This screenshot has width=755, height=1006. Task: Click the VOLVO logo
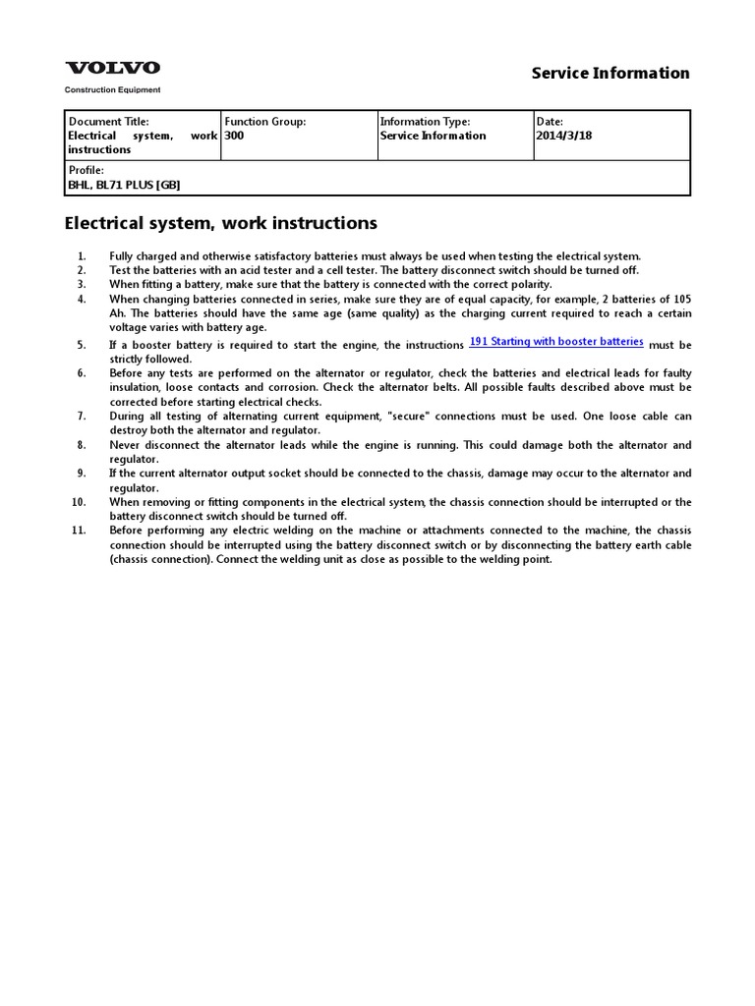[112, 68]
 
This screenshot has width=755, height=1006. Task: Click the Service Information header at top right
[610, 73]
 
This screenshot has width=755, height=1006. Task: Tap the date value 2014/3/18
[565, 136]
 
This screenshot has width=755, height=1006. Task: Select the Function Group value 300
[234, 136]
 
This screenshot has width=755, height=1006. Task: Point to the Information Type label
[425, 122]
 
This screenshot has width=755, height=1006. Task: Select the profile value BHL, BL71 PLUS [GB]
[124, 185]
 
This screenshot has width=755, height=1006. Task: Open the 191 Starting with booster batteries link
[556, 341]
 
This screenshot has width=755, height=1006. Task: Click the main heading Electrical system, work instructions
[220, 223]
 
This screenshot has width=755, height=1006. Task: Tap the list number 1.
[81, 255]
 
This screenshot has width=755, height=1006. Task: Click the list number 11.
[79, 531]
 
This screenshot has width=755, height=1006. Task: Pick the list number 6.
[81, 373]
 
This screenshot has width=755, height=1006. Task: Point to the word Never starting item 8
[125, 445]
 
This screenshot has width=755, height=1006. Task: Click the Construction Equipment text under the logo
[112, 89]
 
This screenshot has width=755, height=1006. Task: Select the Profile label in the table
[85, 171]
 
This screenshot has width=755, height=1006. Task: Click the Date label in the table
[550, 122]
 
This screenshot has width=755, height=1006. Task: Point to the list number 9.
[81, 474]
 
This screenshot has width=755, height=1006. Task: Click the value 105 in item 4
[681, 299]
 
